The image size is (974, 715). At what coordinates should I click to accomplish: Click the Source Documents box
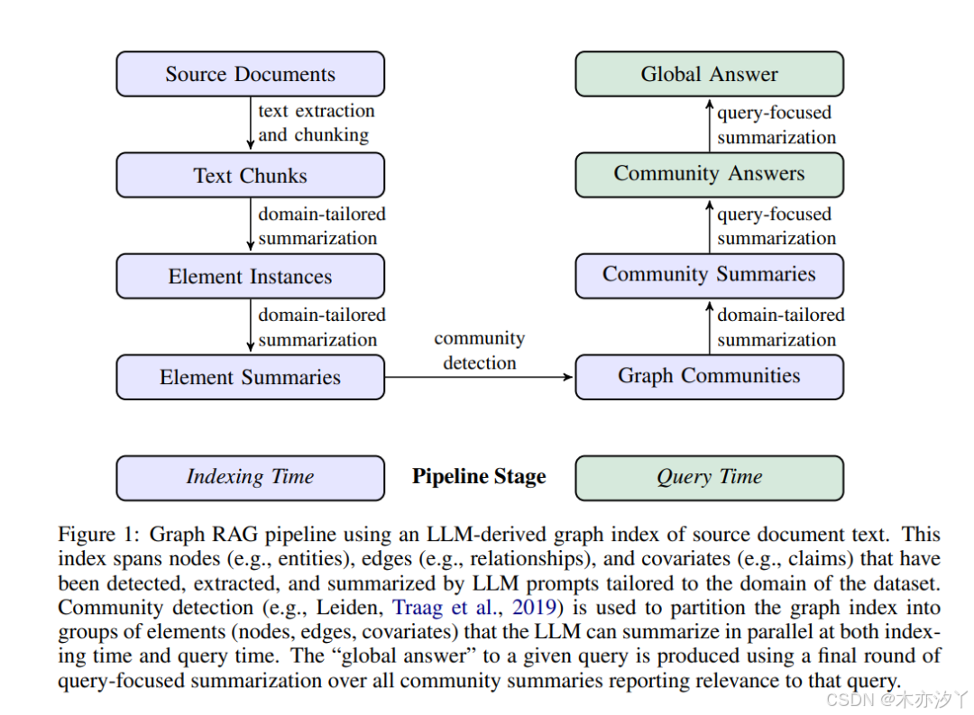pos(250,74)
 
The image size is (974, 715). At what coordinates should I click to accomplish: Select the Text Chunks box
pos(250,175)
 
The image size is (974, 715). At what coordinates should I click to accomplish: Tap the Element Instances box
pos(250,276)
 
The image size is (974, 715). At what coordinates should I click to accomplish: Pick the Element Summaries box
pos(250,377)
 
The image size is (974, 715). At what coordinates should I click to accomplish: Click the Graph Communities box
pos(709,376)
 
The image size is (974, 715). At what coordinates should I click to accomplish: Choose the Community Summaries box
pos(709,275)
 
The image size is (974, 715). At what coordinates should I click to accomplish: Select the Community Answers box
pos(709,174)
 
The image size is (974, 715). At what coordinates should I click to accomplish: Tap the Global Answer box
pos(709,74)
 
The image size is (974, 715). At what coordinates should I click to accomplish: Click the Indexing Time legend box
pos(250,477)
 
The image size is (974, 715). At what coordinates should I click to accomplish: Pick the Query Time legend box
pos(709,477)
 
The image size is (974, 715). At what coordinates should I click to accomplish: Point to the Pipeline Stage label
pos(479,477)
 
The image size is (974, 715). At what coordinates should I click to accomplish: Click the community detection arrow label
pos(479,351)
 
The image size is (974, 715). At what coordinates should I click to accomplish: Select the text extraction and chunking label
pos(315,123)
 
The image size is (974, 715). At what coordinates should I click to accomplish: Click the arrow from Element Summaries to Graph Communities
pos(479,377)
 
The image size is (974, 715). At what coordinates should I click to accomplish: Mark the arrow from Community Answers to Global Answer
pos(710,124)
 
